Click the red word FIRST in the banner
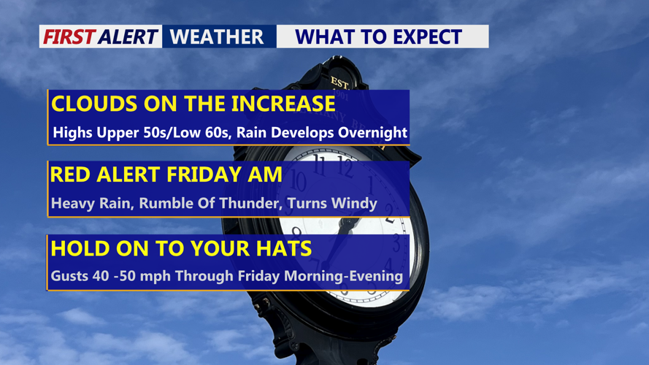tap(69, 36)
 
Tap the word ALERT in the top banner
tap(128, 36)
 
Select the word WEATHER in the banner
tap(217, 36)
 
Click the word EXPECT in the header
tap(427, 36)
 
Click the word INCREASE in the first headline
tap(283, 104)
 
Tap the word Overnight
tap(372, 132)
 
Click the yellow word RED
tap(70, 174)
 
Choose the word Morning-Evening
tap(344, 276)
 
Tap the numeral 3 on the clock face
tap(396, 243)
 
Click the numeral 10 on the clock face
tap(298, 181)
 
